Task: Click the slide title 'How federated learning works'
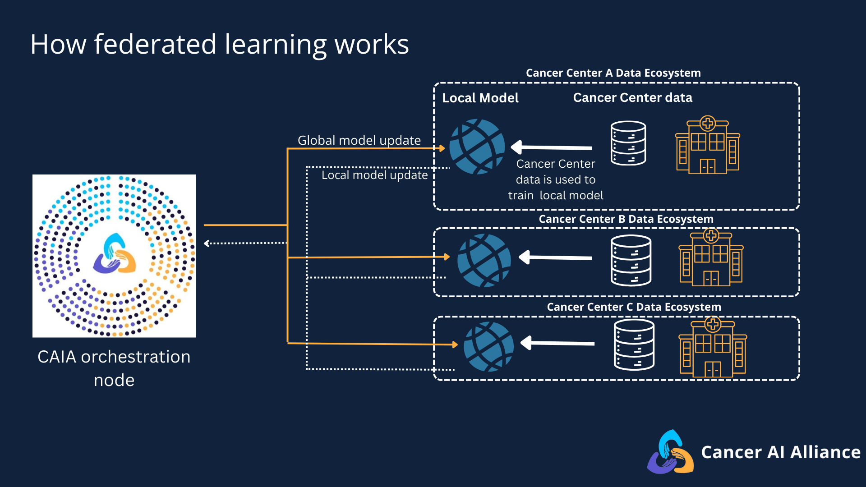click(220, 45)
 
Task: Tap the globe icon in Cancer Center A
click(477, 147)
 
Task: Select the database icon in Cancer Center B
click(631, 261)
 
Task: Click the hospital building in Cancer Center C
click(713, 347)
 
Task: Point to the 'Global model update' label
click(359, 140)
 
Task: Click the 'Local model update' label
click(374, 175)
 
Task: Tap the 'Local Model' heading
click(480, 98)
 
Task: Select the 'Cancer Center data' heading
click(632, 97)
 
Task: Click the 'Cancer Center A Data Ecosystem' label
click(613, 73)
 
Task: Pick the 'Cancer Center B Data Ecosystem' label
click(626, 219)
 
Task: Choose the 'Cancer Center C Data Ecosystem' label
click(634, 307)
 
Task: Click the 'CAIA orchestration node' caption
click(114, 368)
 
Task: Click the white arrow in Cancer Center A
click(551, 147)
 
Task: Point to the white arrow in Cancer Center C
click(557, 343)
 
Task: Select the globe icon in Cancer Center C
click(488, 346)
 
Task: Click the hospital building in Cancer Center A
click(708, 145)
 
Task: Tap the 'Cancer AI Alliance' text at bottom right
click(781, 452)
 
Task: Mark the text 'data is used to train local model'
click(556, 188)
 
